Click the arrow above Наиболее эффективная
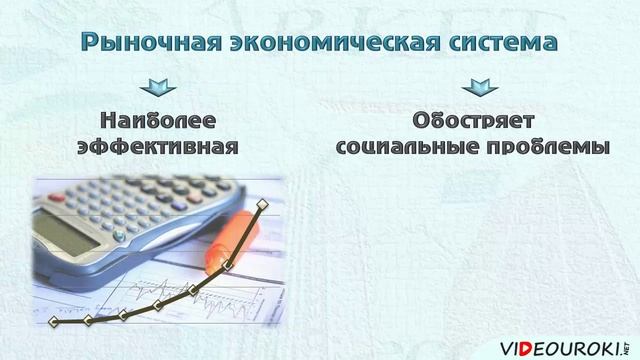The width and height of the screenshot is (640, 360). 157,88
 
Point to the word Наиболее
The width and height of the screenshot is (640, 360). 157,120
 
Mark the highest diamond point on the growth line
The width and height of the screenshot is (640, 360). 263,204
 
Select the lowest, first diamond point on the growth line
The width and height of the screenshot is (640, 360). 54,322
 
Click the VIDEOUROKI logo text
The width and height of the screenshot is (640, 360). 560,335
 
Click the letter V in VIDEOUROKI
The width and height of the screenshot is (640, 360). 507,335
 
